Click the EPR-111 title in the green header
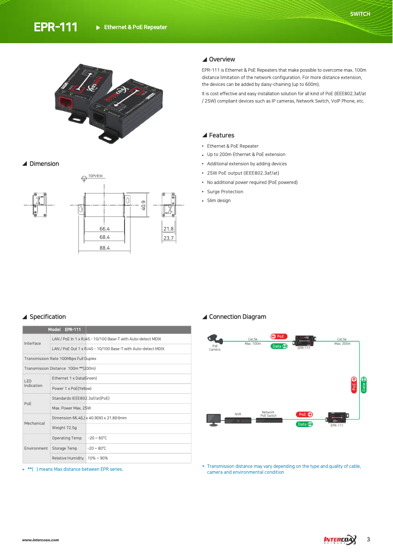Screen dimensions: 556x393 tap(55, 27)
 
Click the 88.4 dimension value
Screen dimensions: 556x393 tap(104, 248)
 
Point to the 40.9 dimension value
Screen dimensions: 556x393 tap(144, 205)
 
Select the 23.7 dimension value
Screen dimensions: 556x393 tap(169, 238)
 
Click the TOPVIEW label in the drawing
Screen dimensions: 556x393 tap(96, 176)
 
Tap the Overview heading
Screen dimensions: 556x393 tap(221, 59)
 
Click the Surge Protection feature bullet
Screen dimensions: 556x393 tap(225, 192)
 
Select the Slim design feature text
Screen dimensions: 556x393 tap(219, 201)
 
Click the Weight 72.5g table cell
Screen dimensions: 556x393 tap(65, 428)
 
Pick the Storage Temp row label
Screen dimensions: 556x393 tap(65, 448)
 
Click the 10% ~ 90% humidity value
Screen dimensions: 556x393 tap(98, 458)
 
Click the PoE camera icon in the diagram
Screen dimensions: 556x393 tap(214, 338)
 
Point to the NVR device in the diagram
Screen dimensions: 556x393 tap(238, 420)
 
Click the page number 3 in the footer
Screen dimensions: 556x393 tap(368, 540)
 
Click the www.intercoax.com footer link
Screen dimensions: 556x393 tap(40, 540)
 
